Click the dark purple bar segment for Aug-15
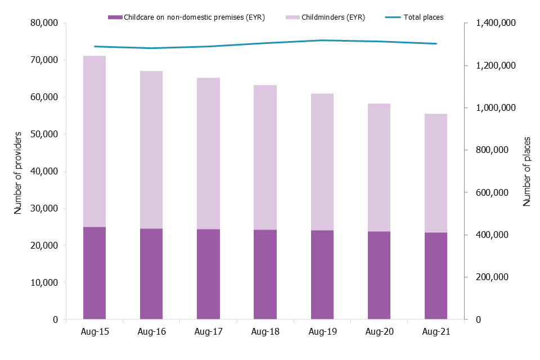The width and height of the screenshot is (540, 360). click(94, 273)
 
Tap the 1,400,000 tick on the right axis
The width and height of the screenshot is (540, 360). click(496, 23)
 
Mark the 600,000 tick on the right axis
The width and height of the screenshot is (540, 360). click(492, 192)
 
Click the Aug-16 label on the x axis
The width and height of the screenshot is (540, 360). click(151, 332)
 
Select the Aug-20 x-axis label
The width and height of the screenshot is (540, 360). click(379, 332)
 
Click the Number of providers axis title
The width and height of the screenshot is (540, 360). click(18, 172)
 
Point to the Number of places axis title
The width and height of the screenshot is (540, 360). click(527, 171)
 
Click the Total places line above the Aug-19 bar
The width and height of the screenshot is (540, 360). click(322, 40)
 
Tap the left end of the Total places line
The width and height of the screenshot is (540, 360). click(94, 46)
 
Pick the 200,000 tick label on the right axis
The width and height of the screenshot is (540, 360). click(492, 277)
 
